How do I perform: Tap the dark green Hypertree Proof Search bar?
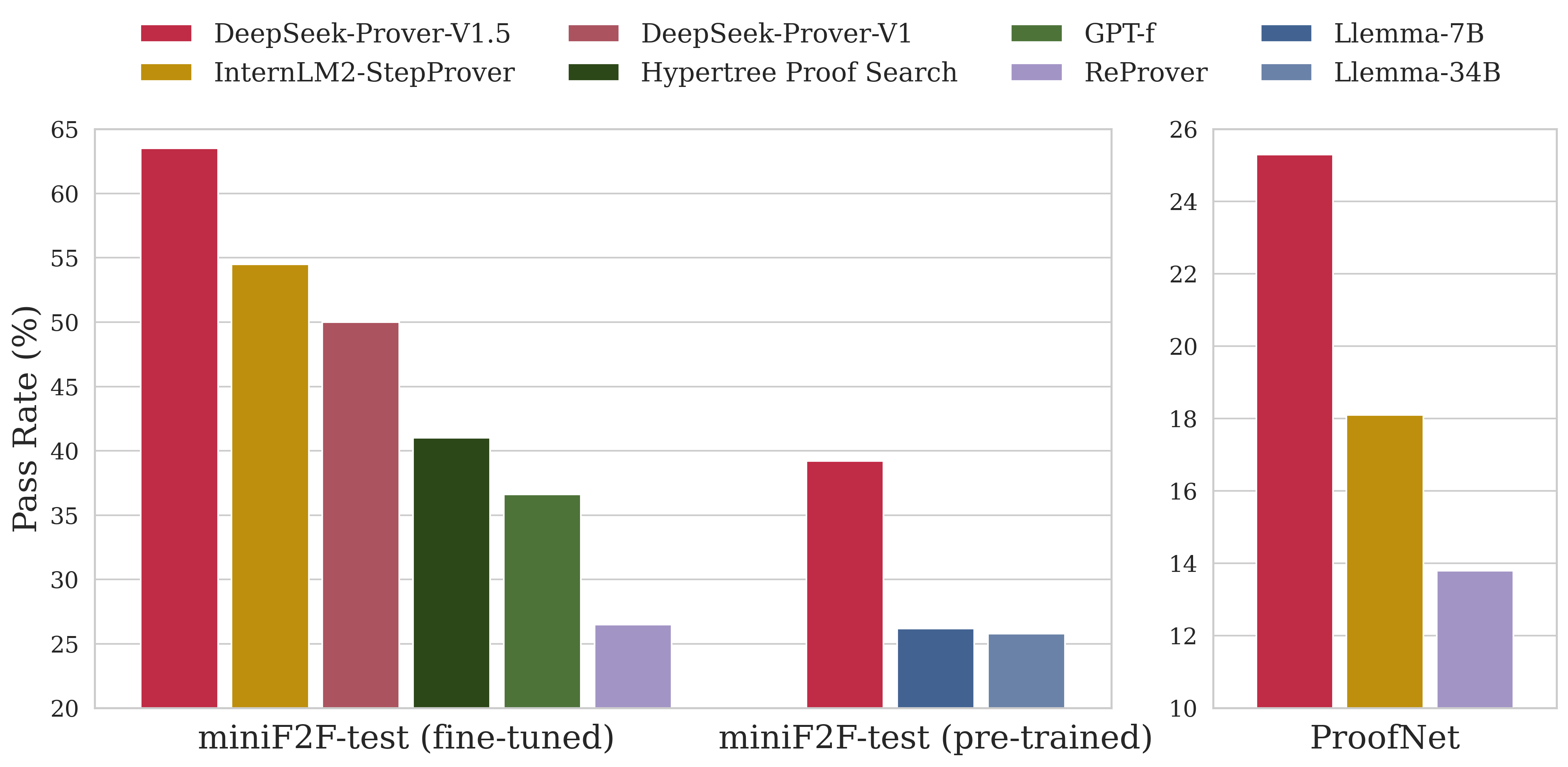[451, 573]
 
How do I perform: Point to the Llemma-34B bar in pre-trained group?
[1026, 670]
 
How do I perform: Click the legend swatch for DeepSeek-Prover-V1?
[593, 33]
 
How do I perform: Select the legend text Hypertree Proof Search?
[799, 72]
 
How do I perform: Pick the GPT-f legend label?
[1119, 33]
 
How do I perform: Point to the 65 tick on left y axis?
[64, 130]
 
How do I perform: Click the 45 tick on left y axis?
[64, 387]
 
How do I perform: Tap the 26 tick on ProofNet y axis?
[1183, 130]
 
